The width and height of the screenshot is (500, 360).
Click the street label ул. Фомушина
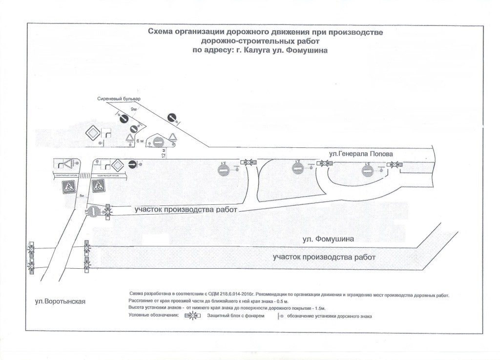[328, 239]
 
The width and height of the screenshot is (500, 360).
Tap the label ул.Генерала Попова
[360, 154]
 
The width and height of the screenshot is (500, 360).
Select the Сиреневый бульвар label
[118, 100]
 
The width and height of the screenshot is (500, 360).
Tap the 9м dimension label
[133, 110]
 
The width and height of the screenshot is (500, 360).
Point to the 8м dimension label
[83, 196]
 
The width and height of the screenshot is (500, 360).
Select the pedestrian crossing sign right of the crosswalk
[98, 185]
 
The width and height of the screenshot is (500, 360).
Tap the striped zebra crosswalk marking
[83, 174]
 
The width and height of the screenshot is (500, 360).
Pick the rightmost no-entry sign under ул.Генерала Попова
[368, 170]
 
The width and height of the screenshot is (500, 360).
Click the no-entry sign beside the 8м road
[94, 211]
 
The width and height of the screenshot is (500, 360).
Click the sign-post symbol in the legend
[280, 317]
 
